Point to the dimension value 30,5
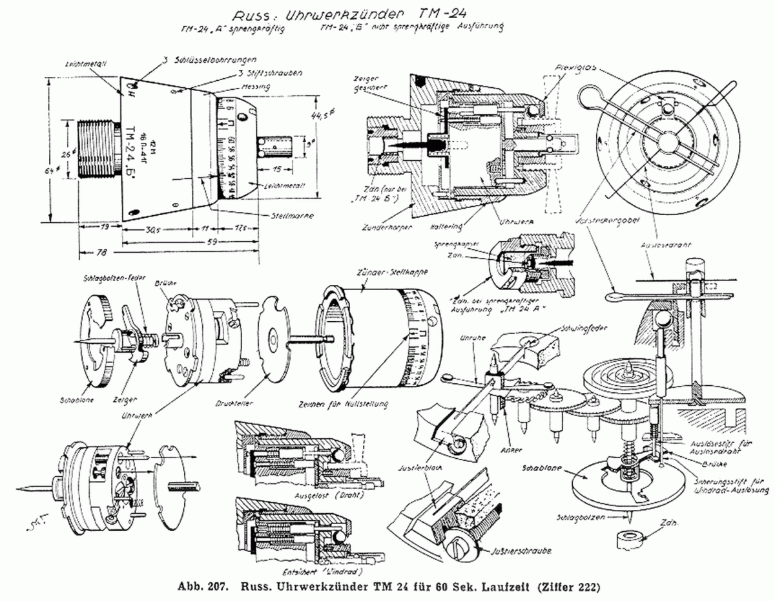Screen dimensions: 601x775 click(154, 229)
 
